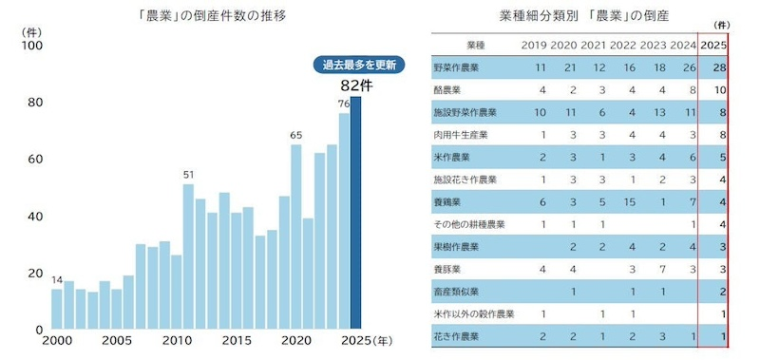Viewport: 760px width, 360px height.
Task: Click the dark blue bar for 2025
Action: click(356, 213)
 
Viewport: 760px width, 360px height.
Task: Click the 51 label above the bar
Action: click(188, 174)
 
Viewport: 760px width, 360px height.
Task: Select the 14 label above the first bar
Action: click(57, 279)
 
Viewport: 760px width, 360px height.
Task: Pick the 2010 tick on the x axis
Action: click(177, 341)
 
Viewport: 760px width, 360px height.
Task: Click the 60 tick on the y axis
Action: click(31, 159)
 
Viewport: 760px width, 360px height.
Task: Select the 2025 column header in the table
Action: click(714, 45)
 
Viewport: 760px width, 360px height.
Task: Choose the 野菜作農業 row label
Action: click(457, 68)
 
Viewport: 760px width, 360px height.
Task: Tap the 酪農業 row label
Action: click(446, 90)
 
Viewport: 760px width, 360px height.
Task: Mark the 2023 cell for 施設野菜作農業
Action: click(653, 112)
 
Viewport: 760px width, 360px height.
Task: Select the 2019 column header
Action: click(534, 45)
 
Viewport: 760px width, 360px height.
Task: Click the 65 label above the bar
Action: click(296, 135)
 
